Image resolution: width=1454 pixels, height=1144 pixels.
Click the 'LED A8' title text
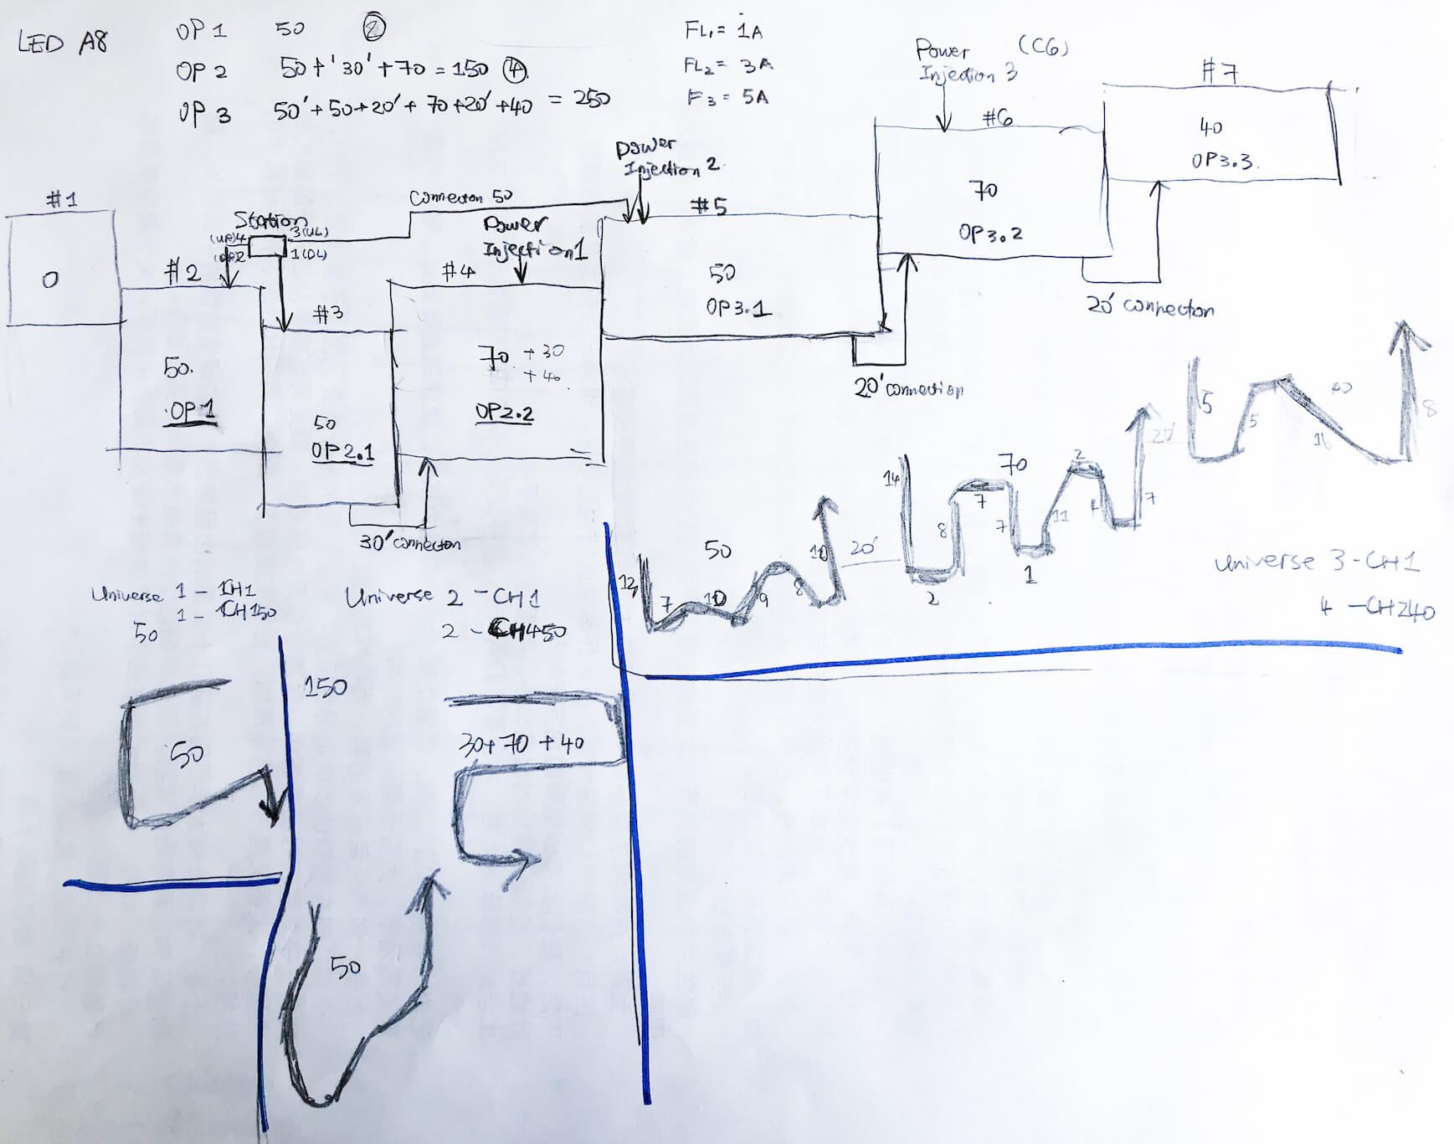click(x=63, y=42)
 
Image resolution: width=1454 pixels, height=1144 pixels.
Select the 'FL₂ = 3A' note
click(x=727, y=65)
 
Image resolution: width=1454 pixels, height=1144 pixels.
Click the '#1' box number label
click(x=61, y=199)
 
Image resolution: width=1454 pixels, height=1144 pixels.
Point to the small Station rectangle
click(x=267, y=246)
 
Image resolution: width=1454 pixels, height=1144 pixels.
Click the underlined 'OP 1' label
click(x=192, y=412)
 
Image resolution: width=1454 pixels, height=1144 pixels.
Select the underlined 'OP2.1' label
click(x=342, y=452)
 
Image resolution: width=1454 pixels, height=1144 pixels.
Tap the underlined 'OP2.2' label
click(x=504, y=413)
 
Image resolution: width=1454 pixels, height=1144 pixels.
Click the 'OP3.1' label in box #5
click(x=737, y=308)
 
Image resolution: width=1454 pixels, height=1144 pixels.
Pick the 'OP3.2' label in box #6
click(x=990, y=233)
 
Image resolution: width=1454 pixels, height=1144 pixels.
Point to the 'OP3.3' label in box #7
click(x=1222, y=160)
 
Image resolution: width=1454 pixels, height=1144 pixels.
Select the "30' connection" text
click(x=409, y=543)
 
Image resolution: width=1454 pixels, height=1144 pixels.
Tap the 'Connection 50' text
click(x=460, y=198)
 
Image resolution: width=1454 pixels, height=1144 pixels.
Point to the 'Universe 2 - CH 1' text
click(x=442, y=597)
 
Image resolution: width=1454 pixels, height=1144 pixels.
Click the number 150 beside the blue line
click(x=325, y=687)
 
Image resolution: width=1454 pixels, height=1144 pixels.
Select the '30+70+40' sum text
click(x=521, y=743)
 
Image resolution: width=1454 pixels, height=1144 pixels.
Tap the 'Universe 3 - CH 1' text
click(x=1316, y=562)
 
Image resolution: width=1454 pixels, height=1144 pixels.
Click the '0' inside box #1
click(x=50, y=280)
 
